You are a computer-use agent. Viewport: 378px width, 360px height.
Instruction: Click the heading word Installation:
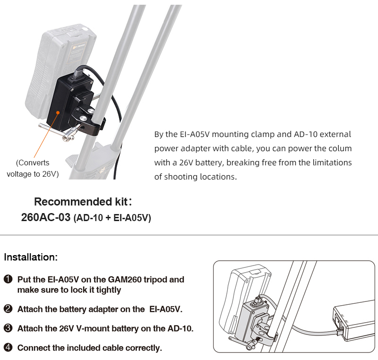tap(31, 257)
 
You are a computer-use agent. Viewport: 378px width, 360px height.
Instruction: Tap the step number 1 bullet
tap(8, 280)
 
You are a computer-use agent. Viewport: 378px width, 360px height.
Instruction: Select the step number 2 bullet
tap(8, 309)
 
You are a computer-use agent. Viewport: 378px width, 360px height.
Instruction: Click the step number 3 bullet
tap(8, 328)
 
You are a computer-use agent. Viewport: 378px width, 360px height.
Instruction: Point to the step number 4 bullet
tap(8, 348)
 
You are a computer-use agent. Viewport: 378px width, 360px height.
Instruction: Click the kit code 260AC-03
tap(45, 218)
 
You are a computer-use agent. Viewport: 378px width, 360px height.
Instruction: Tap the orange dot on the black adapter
tap(58, 113)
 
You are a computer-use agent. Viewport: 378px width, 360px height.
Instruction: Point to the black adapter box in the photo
tap(66, 102)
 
